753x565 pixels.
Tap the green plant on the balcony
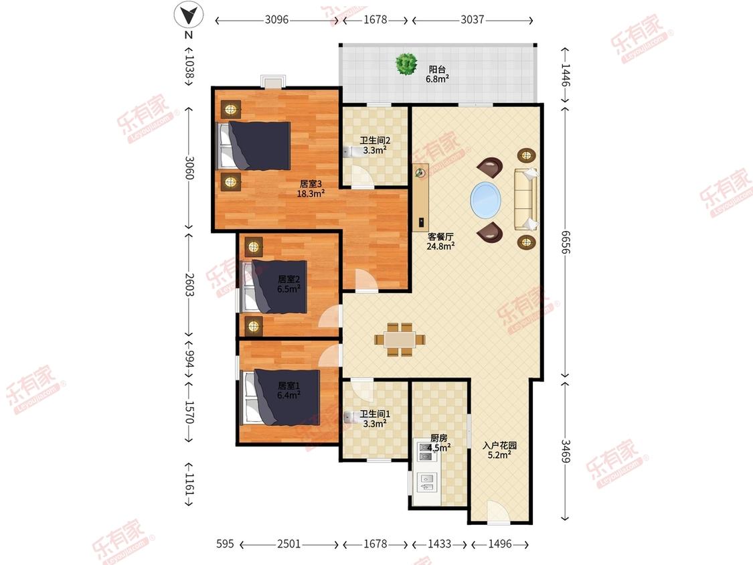[x=406, y=64]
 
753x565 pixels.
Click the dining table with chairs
[x=400, y=339]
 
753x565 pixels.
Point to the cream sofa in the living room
[x=526, y=199]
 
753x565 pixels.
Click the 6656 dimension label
[x=565, y=242]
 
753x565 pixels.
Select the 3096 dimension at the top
[x=276, y=19]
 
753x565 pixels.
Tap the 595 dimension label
[x=225, y=544]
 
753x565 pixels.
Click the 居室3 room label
[x=310, y=183]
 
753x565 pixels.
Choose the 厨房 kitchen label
[x=439, y=438]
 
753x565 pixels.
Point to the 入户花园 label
[x=499, y=445]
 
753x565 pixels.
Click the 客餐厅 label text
[x=440, y=236]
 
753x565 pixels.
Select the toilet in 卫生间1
[x=351, y=418]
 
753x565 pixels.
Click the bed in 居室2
[x=274, y=287]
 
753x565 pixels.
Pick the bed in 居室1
[x=281, y=397]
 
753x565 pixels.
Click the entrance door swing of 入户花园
[x=498, y=511]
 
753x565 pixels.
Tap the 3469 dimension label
[x=565, y=451]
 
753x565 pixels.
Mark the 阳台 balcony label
[x=436, y=69]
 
